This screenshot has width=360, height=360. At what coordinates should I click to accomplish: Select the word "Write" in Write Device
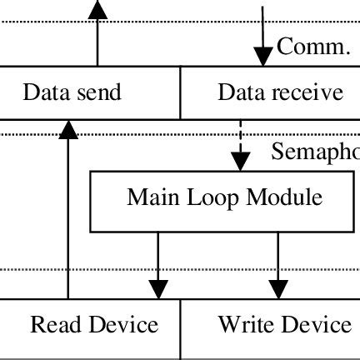pos(246,323)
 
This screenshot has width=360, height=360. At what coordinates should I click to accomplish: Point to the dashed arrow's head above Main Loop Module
pos(241,161)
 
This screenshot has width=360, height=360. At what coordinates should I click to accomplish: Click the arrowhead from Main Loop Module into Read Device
pos(158,287)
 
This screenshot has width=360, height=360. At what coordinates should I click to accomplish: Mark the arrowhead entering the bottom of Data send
pos(68,127)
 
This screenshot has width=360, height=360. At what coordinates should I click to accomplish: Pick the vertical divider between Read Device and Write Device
pos(181,329)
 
